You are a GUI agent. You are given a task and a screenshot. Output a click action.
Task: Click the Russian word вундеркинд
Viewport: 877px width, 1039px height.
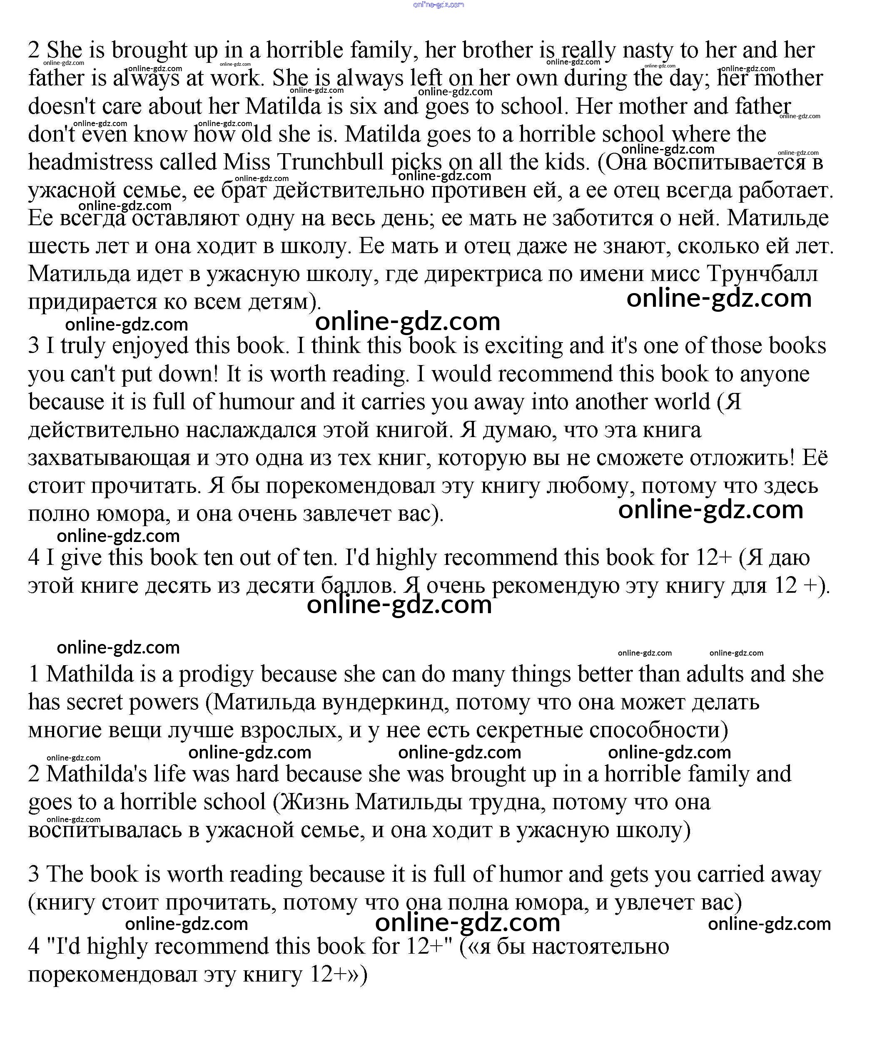(x=382, y=702)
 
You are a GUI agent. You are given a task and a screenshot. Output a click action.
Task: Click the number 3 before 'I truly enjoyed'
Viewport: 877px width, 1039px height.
(x=34, y=346)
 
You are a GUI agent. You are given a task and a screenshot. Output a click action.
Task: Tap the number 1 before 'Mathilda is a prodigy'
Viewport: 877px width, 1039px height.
(x=34, y=674)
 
